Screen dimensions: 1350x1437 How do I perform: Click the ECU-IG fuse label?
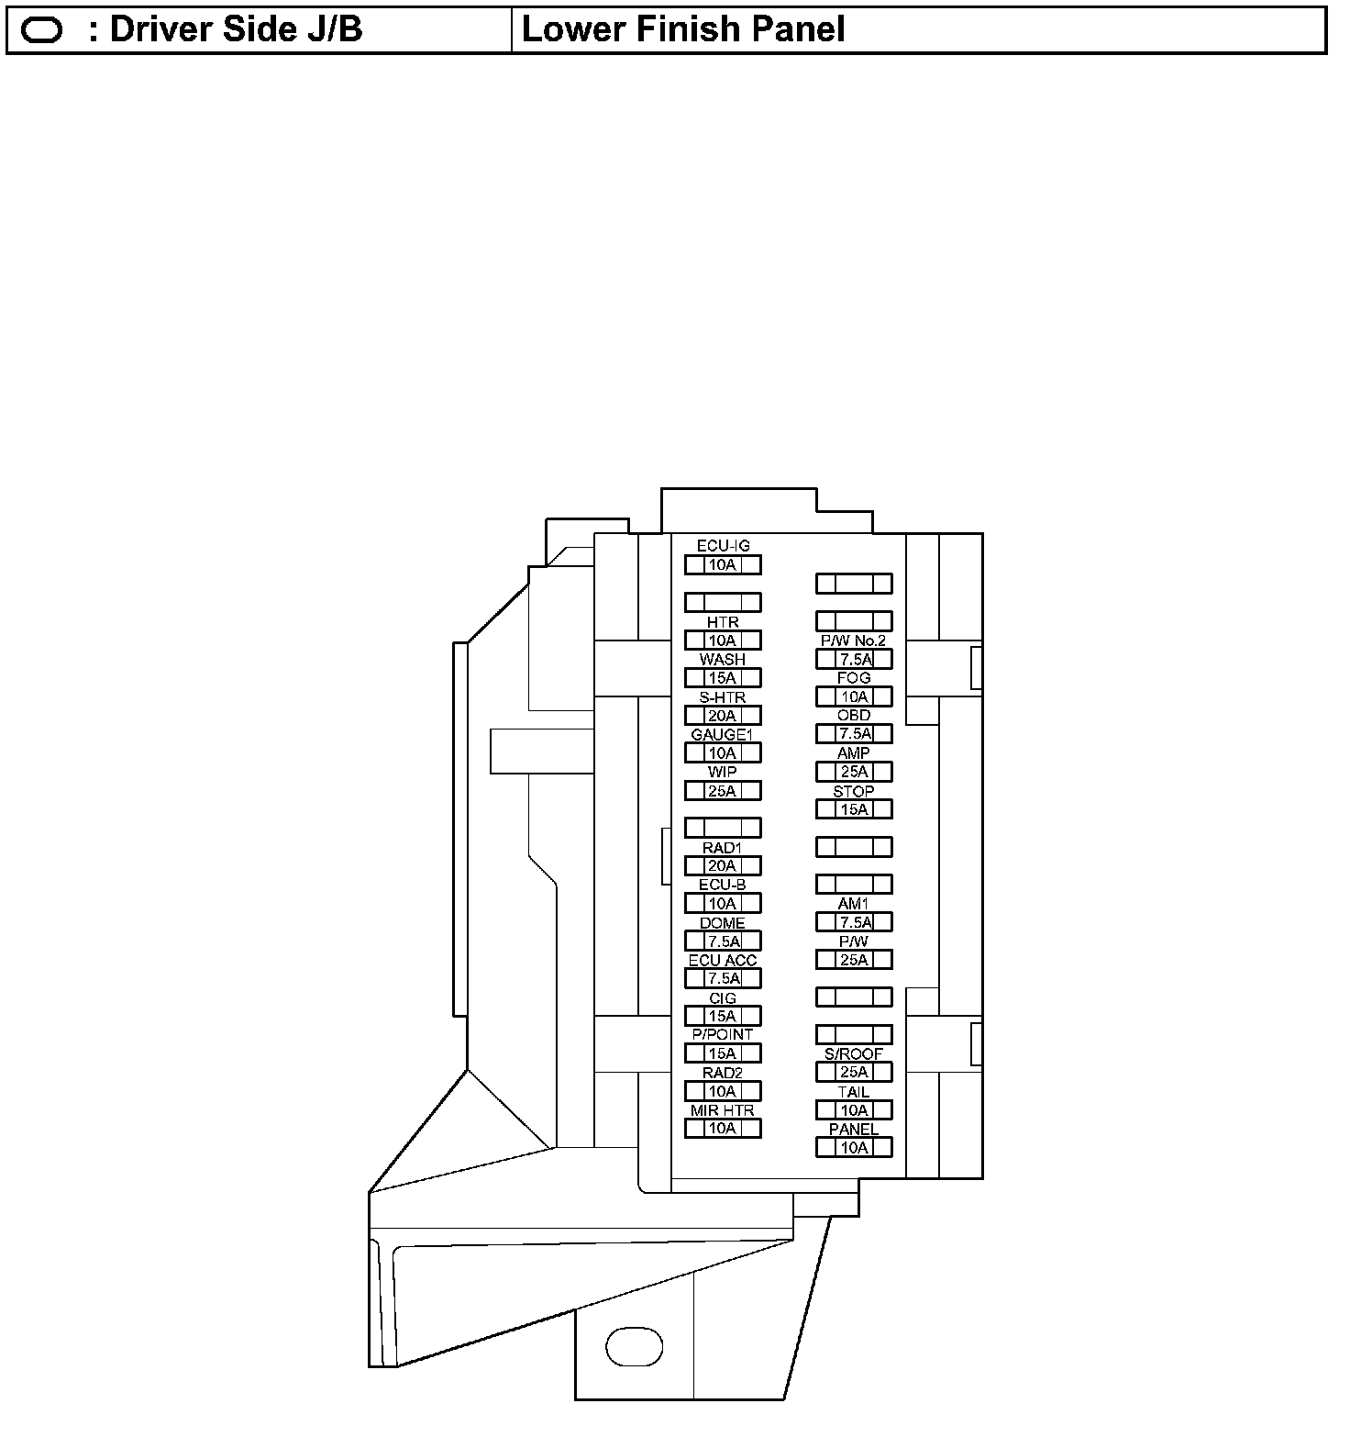pyautogui.click(x=723, y=546)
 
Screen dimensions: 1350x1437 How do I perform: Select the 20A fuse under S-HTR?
pyautogui.click(x=723, y=716)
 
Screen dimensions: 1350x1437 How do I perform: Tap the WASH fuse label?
pyautogui.click(x=723, y=660)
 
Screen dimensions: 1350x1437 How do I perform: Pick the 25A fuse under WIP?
pyautogui.click(x=723, y=791)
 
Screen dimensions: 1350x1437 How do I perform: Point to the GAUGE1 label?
pyautogui.click(x=722, y=735)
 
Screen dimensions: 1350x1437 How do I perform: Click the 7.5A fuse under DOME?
pyautogui.click(x=723, y=941)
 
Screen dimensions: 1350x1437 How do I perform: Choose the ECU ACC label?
pyautogui.click(x=723, y=961)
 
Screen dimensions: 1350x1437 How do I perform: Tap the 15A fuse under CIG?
pyautogui.click(x=723, y=1017)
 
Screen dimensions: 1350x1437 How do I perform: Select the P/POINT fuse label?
pyautogui.click(x=723, y=1035)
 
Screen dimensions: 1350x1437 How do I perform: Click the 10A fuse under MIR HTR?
pyautogui.click(x=723, y=1129)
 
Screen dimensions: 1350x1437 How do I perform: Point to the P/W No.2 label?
pyautogui.click(x=853, y=641)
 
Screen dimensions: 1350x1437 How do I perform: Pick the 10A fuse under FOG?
pyautogui.click(x=854, y=697)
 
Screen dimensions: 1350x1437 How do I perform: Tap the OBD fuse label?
pyautogui.click(x=854, y=716)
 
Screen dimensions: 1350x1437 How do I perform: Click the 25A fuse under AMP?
pyautogui.click(x=854, y=773)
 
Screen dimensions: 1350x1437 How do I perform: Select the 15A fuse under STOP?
pyautogui.click(x=854, y=809)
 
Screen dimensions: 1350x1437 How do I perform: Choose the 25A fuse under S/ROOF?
pyautogui.click(x=854, y=1073)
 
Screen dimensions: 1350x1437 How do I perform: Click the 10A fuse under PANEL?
pyautogui.click(x=854, y=1148)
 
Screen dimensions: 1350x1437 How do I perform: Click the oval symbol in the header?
pyautogui.click(x=41, y=31)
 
